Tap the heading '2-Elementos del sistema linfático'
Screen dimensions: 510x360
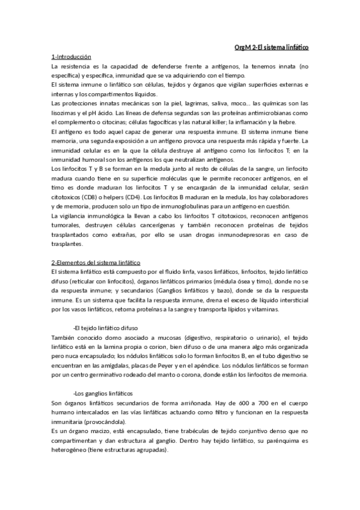[96, 263]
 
